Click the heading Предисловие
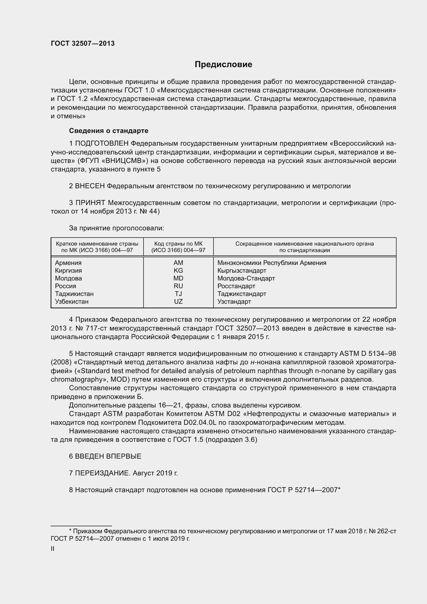pyautogui.click(x=223, y=65)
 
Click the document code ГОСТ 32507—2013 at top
pyautogui.click(x=83, y=44)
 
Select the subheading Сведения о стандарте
pyautogui.click(x=109, y=131)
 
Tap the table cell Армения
pyautogui.click(x=68, y=263)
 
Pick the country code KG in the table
pyautogui.click(x=178, y=270)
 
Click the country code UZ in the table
pyautogui.click(x=178, y=301)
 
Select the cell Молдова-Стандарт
pyautogui.click(x=246, y=278)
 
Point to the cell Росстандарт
pyautogui.click(x=236, y=286)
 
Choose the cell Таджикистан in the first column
pyautogui.click(x=74, y=294)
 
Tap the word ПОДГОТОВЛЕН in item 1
pyautogui.click(x=102, y=144)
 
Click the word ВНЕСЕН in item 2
pyautogui.click(x=90, y=186)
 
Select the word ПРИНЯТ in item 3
pyautogui.click(x=90, y=203)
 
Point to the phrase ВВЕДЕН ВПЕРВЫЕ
pyautogui.click(x=108, y=456)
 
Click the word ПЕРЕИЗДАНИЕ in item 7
pyautogui.click(x=102, y=473)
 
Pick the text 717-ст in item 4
pyautogui.click(x=99, y=328)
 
